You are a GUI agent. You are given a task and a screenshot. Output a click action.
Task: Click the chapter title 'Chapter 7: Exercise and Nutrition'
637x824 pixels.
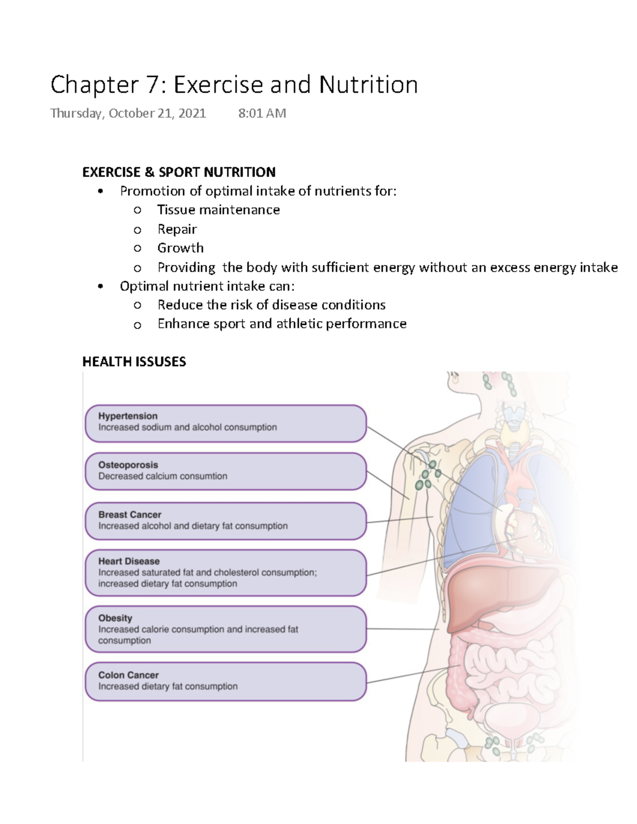point(234,85)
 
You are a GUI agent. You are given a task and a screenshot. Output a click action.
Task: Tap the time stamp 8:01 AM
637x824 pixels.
point(262,113)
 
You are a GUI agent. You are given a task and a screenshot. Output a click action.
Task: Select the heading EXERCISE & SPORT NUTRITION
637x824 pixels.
point(179,172)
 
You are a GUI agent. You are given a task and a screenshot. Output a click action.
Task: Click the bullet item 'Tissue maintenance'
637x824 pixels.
point(218,210)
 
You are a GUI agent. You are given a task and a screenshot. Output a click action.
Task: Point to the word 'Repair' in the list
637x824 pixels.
point(177,229)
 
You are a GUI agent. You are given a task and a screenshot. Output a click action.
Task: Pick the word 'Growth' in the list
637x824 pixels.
point(180,248)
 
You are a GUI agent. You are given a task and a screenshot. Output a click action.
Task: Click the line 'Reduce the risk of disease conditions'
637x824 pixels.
point(271,305)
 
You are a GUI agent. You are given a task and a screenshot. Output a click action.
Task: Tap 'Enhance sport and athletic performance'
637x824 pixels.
point(282,324)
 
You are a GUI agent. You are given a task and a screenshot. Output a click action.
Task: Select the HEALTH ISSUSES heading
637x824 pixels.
point(134,362)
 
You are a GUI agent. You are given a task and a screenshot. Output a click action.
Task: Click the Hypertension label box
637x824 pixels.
point(226,423)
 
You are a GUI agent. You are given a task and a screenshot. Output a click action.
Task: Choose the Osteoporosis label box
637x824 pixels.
point(226,471)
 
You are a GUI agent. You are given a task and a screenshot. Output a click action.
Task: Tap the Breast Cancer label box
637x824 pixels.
point(226,521)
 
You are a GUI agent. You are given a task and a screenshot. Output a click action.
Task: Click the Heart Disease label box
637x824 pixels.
point(226,573)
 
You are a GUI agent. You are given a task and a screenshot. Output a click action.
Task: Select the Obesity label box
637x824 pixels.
point(226,629)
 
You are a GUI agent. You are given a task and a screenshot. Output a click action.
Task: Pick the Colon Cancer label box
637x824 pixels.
point(226,681)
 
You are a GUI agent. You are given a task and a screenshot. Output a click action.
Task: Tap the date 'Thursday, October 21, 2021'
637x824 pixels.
point(128,113)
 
